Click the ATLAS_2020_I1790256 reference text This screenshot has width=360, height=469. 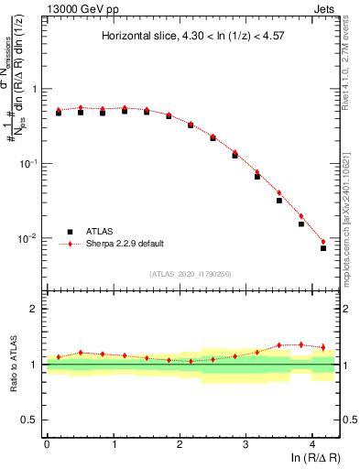(x=192, y=274)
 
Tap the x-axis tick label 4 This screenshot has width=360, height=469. (x=312, y=443)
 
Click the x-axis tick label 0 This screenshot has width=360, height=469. (x=47, y=443)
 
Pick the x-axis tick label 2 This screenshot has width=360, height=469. (x=180, y=443)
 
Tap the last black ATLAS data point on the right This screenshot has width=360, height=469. (x=323, y=248)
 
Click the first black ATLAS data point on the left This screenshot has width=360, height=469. (x=59, y=113)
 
